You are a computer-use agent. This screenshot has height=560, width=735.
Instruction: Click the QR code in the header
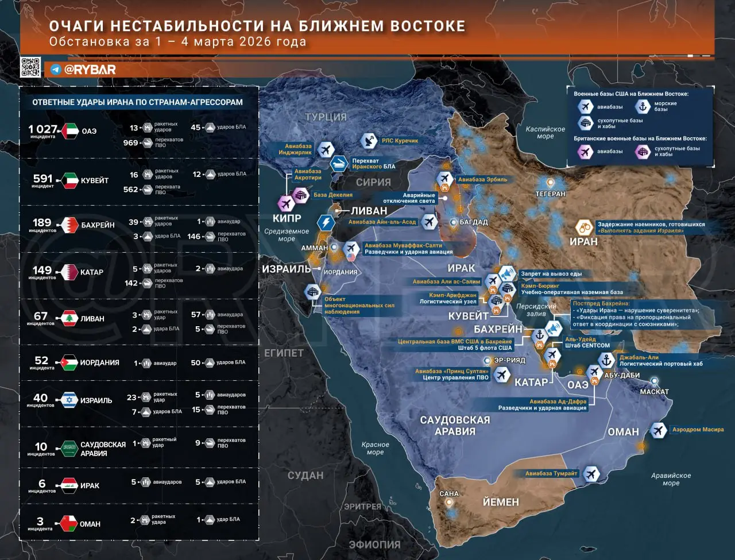30,67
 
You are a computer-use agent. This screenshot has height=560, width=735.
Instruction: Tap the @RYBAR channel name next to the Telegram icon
90,69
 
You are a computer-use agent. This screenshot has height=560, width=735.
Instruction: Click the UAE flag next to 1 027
70,131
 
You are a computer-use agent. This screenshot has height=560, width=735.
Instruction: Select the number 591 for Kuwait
43,179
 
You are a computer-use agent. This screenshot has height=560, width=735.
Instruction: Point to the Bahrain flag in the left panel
70,225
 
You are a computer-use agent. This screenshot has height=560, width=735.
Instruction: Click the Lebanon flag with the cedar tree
70,319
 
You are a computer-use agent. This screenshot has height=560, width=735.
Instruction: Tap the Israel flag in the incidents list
70,400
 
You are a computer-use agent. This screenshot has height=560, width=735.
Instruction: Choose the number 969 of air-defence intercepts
130,142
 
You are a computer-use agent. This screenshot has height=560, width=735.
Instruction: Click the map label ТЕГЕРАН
550,194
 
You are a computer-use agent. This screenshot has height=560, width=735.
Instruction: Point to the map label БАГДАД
473,222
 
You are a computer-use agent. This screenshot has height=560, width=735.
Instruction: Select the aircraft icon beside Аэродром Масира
658,430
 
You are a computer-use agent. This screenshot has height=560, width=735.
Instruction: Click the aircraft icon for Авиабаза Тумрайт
591,474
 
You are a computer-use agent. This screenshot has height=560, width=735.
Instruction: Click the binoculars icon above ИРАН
584,227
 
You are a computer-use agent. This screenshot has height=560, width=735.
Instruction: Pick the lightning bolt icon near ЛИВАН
326,223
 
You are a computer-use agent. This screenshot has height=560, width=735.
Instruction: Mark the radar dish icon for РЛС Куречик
369,140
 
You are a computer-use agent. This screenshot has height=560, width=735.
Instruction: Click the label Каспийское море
546,133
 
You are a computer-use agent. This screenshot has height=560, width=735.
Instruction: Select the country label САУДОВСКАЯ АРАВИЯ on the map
455,426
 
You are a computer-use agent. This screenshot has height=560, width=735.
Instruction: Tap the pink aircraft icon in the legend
585,152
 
